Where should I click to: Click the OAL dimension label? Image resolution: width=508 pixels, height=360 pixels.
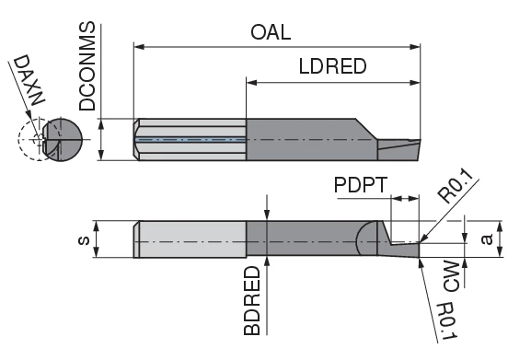tap(271, 32)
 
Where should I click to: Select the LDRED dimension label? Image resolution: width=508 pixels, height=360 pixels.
tap(333, 66)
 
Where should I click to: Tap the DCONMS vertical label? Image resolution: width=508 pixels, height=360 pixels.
tap(87, 66)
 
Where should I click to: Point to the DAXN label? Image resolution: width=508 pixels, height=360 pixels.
tap(29, 80)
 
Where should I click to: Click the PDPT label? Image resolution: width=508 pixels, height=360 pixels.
tap(361, 185)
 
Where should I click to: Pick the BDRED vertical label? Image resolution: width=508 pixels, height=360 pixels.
tap(252, 301)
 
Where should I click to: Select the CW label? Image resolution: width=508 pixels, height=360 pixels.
tap(451, 275)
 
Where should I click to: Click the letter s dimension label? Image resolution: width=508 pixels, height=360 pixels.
tap(85, 240)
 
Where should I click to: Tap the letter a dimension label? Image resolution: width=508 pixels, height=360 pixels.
tap(487, 239)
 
